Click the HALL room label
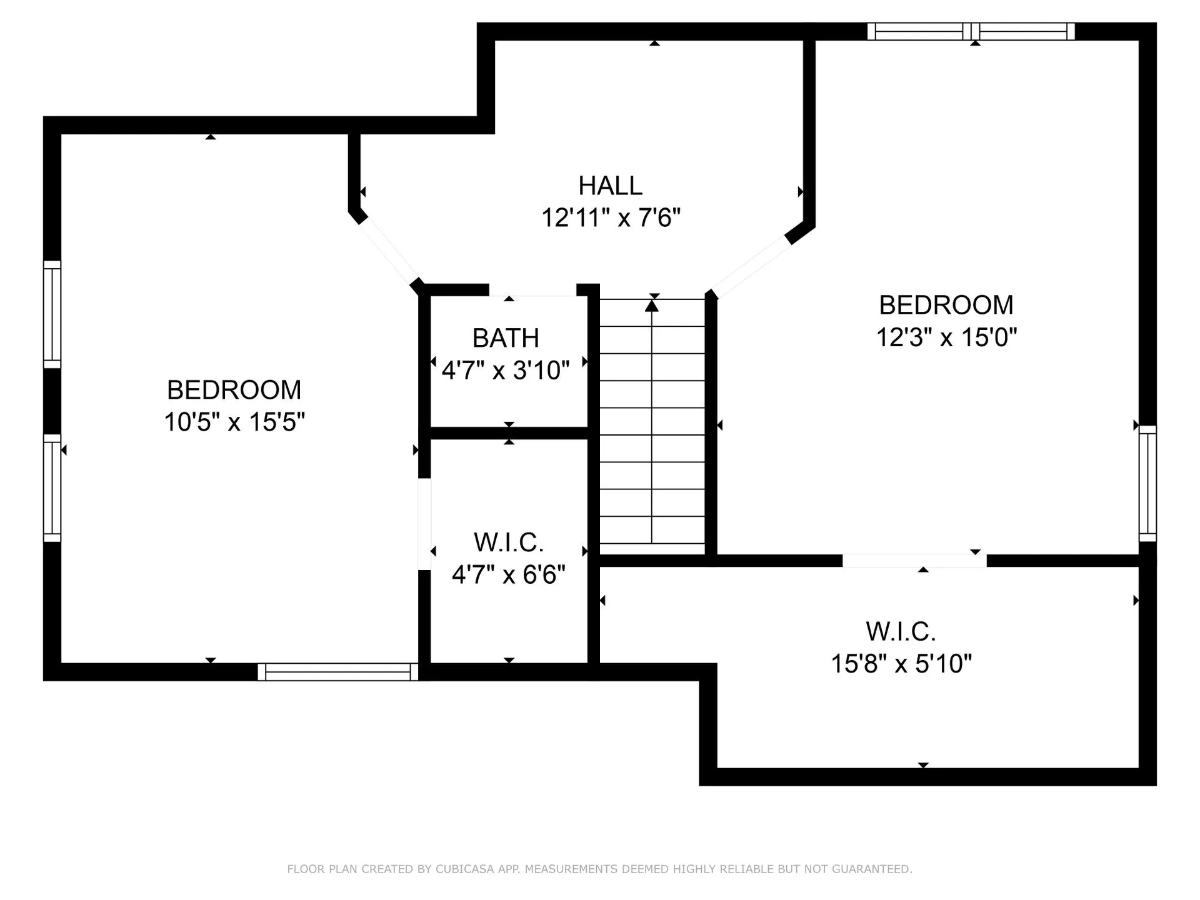click(x=610, y=186)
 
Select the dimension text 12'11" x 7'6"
click(x=610, y=218)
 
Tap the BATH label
click(x=506, y=338)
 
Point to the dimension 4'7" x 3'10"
click(x=506, y=371)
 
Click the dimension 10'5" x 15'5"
click(x=234, y=422)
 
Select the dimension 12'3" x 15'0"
click(x=946, y=337)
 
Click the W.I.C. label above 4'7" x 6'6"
click(x=509, y=542)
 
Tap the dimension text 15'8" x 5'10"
click(x=901, y=664)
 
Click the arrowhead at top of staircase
click(x=652, y=306)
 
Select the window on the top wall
click(x=971, y=31)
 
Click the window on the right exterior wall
click(x=1147, y=484)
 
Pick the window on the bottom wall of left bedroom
click(x=338, y=672)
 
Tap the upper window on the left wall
click(x=52, y=314)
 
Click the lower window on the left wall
click(x=52, y=487)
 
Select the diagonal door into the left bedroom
click(x=388, y=250)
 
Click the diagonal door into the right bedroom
click(x=751, y=267)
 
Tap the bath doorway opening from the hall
click(x=532, y=290)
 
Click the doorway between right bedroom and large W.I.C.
click(x=914, y=561)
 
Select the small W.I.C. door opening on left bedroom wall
click(x=424, y=524)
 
